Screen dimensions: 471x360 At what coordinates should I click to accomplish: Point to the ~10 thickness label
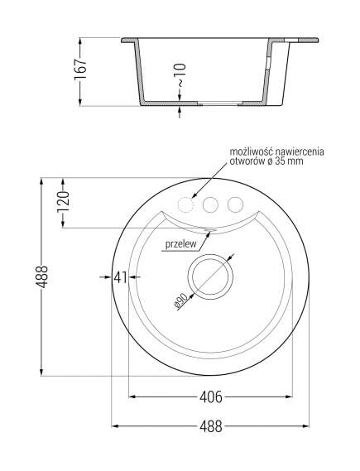click(x=181, y=80)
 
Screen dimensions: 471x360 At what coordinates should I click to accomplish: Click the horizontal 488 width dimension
click(x=211, y=427)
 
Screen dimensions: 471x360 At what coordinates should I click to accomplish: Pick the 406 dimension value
click(x=211, y=397)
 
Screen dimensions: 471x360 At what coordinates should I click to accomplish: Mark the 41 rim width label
click(x=119, y=278)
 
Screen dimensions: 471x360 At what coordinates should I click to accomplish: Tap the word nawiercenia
click(x=302, y=151)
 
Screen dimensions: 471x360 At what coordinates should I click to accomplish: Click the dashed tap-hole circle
click(x=188, y=204)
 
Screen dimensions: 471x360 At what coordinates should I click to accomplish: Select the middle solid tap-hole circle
click(x=212, y=204)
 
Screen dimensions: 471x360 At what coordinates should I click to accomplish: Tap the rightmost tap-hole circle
click(x=236, y=204)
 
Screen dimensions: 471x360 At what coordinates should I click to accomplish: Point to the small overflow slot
click(x=209, y=230)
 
